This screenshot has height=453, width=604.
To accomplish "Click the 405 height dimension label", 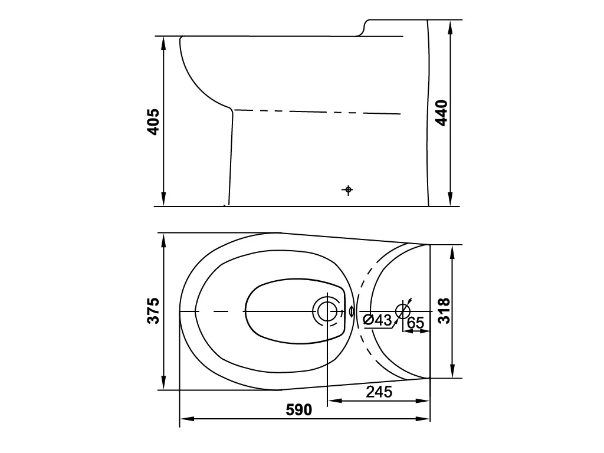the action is coord(153,122).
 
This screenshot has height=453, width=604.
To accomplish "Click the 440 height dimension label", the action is coord(441,113).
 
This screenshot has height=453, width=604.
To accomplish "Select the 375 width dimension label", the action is coord(153,310).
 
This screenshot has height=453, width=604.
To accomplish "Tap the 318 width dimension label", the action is coord(444,310).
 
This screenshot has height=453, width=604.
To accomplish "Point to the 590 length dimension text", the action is coord(299,410).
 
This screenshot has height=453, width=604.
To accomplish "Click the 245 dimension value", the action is coord(379,392).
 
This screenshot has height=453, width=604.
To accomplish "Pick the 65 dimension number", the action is coord(415,323).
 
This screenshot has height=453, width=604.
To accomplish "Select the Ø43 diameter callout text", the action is coord(377,320).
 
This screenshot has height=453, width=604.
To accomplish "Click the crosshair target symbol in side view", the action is coord(348,189).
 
